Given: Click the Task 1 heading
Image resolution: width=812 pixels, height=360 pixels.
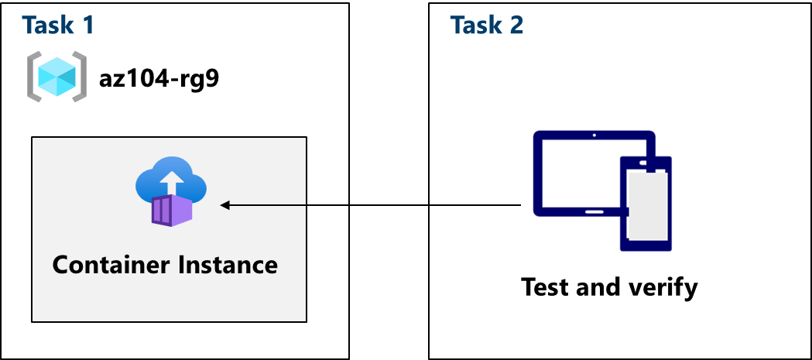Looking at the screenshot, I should pyautogui.click(x=58, y=26).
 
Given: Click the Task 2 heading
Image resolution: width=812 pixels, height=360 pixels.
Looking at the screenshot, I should pyautogui.click(x=486, y=26).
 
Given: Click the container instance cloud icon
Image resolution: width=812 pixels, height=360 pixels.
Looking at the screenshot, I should pyautogui.click(x=170, y=183).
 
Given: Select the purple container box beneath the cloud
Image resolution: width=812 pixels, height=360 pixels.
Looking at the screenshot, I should pyautogui.click(x=172, y=210).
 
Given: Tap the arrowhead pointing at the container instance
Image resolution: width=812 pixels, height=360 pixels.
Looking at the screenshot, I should pyautogui.click(x=225, y=205).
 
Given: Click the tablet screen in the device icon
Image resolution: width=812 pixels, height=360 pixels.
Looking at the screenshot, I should pyautogui.click(x=577, y=172).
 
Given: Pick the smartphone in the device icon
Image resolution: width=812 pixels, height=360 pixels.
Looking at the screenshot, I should pyautogui.click(x=646, y=204).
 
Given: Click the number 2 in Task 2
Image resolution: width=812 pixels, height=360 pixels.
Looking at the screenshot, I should pyautogui.click(x=515, y=26).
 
